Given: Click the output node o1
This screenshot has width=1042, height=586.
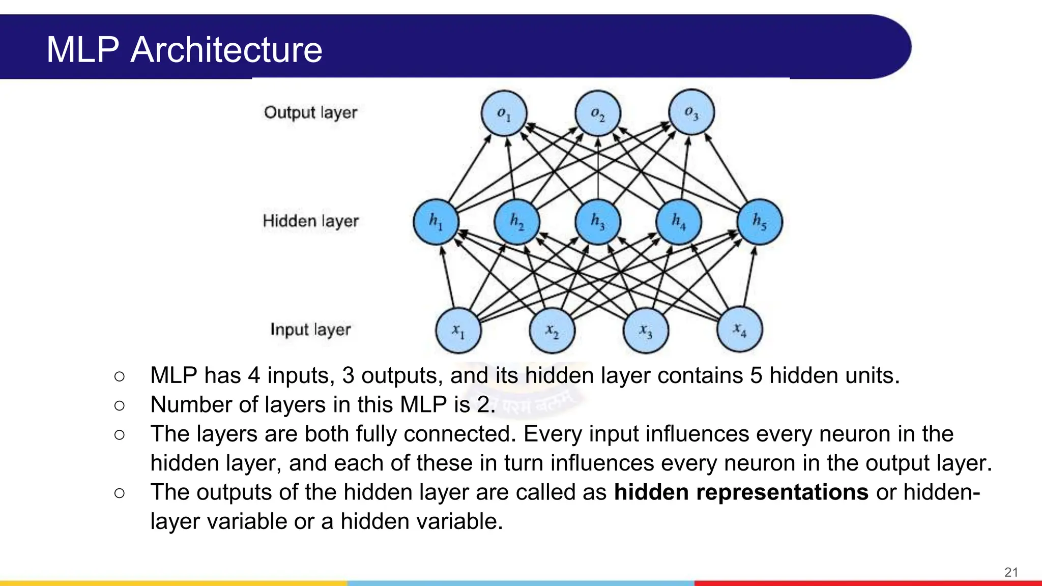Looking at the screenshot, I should click(x=504, y=113).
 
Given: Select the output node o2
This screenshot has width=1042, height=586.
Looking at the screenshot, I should click(x=597, y=113).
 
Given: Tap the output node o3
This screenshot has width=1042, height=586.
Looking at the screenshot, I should click(x=691, y=112).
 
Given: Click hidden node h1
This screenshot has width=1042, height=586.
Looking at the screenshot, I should click(x=436, y=222).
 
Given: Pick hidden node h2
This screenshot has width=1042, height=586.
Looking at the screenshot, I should click(x=517, y=222).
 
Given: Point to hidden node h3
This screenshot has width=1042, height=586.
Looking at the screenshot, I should click(x=598, y=222).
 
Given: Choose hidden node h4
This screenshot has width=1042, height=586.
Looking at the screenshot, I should click(x=679, y=222).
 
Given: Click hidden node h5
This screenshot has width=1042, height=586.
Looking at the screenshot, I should click(x=760, y=222).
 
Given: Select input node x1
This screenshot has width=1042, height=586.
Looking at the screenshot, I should click(x=458, y=330).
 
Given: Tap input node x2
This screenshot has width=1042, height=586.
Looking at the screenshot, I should click(x=552, y=330).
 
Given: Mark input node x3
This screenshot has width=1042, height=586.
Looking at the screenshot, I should click(x=646, y=330).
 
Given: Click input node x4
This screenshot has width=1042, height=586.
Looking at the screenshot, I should click(x=739, y=329).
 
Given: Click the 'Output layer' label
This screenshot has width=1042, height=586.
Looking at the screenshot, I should click(x=310, y=112).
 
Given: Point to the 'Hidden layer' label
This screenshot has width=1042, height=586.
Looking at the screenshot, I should click(x=310, y=221).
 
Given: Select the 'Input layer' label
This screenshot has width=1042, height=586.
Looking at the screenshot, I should click(x=310, y=330).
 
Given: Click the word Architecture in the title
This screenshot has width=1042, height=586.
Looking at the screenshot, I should click(x=226, y=50).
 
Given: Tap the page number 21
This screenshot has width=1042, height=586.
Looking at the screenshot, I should click(x=1011, y=572).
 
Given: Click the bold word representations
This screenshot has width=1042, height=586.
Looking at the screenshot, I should click(x=782, y=492).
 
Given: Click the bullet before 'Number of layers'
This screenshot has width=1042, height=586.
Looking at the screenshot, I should click(x=120, y=405).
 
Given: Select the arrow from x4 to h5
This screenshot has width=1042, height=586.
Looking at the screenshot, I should click(x=749, y=277).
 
